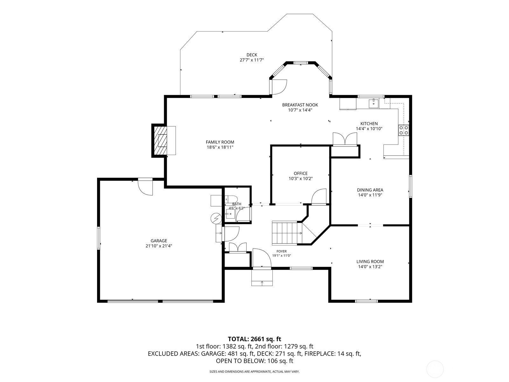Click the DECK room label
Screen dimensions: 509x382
(252, 55)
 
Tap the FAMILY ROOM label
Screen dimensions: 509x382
(220, 142)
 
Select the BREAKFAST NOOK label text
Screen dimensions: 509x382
(300, 105)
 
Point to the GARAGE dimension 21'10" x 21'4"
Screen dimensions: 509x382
(159, 246)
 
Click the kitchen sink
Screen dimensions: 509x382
(373, 103)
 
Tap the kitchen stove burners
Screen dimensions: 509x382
(403, 130)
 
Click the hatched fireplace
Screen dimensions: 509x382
(160, 140)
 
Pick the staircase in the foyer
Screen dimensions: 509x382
(287, 233)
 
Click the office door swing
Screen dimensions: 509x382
(319, 197)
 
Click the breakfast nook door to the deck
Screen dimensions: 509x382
(279, 87)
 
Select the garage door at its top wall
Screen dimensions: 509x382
(145, 187)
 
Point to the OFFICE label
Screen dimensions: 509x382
(301, 173)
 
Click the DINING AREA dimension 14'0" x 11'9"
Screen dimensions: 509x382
(370, 195)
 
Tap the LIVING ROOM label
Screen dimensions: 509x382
(370, 261)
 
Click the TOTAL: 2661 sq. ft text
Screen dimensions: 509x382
(254, 339)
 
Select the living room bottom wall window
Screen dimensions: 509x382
(366, 301)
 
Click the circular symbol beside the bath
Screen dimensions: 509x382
(216, 218)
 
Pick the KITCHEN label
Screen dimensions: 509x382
(369, 124)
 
